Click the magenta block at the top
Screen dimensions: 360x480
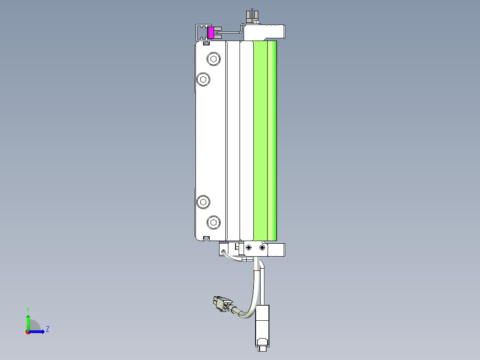[211, 33]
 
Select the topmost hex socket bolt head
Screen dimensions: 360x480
[214, 59]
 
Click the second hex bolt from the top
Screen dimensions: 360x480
[203, 79]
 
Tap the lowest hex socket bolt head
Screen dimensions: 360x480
[214, 222]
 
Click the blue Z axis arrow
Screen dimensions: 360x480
[38, 331]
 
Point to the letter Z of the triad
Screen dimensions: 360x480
[47, 329]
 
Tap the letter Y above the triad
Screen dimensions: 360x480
[28, 310]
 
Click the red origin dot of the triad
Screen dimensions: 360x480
[28, 332]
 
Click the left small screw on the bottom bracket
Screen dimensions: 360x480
[248, 247]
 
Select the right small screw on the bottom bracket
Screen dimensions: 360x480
[262, 247]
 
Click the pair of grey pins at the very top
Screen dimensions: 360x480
[252, 16]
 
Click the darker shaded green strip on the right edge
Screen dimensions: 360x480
[272, 138]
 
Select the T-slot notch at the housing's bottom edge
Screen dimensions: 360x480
[206, 238]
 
